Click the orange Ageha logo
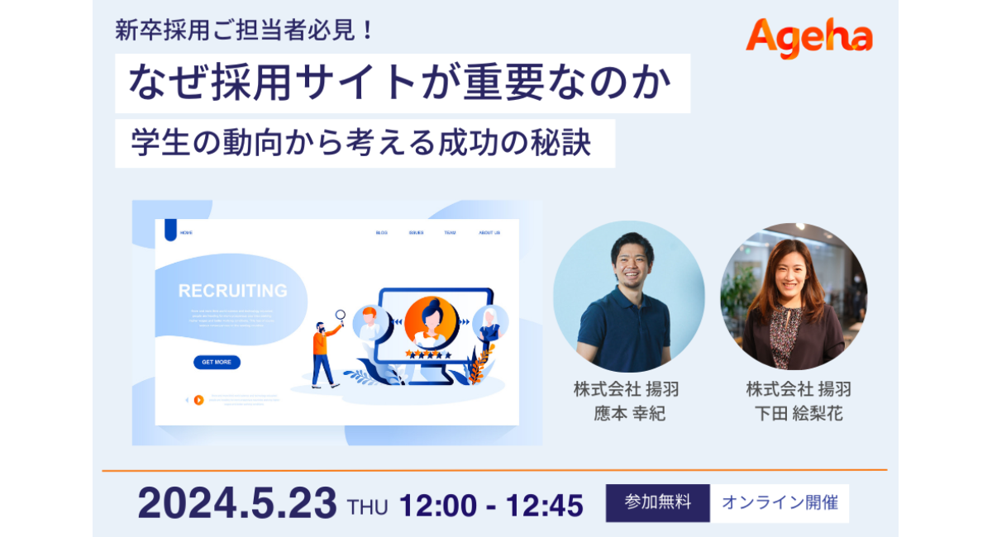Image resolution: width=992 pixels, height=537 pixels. pos(808,38)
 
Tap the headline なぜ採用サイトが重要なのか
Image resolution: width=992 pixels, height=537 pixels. pos(403,83)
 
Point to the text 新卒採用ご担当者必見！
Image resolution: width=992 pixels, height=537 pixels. pos(245,31)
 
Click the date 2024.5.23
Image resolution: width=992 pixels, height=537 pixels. pos(237,502)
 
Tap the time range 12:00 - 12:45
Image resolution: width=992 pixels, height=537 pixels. pos(491,505)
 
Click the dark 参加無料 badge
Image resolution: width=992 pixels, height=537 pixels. pos(657,502)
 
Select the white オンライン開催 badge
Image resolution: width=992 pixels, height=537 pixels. pos(780,502)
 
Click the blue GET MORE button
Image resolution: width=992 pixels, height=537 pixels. pos(217,362)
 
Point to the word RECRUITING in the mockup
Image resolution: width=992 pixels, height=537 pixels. pos(233,291)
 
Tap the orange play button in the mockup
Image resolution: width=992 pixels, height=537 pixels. pos(198,400)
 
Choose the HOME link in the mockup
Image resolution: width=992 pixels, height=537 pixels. pos(187,233)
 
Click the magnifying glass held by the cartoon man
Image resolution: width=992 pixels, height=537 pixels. pos(340,315)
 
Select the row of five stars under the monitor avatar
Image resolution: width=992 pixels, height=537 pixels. pos(427,354)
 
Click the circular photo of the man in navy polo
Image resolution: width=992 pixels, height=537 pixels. pos(628,296)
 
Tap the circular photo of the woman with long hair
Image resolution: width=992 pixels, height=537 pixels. pos(794,296)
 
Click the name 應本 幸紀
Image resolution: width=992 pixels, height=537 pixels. pos(629,414)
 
